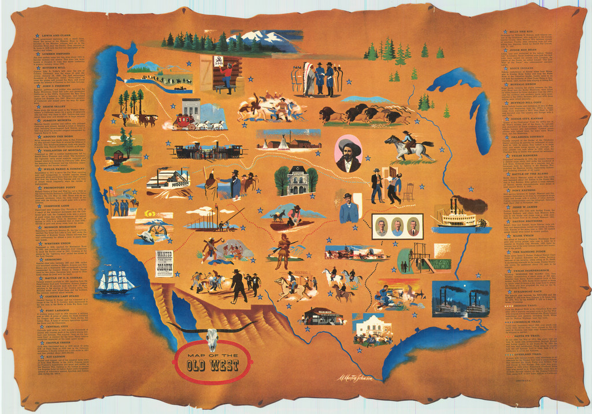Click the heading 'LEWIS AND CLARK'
[55, 35]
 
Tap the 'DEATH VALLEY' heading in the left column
[53, 106]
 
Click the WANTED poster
[164, 264]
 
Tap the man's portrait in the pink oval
[349, 154]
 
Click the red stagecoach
[183, 121]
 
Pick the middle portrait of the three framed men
[397, 226]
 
